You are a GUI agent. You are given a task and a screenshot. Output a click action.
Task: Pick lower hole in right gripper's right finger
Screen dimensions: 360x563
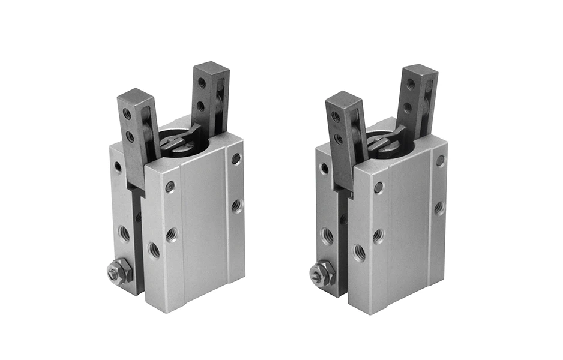pos(408,108)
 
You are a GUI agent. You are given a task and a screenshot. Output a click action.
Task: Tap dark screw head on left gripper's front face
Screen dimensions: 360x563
pos(170,187)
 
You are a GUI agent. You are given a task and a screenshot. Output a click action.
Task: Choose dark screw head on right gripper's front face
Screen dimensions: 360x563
pos(378,187)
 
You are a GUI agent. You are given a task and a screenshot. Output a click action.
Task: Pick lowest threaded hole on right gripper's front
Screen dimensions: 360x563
pos(359,253)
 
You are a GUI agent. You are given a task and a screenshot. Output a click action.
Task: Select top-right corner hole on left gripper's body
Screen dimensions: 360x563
pos(236,159)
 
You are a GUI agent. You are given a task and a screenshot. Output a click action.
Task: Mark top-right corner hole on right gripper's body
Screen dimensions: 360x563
pos(441,161)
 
